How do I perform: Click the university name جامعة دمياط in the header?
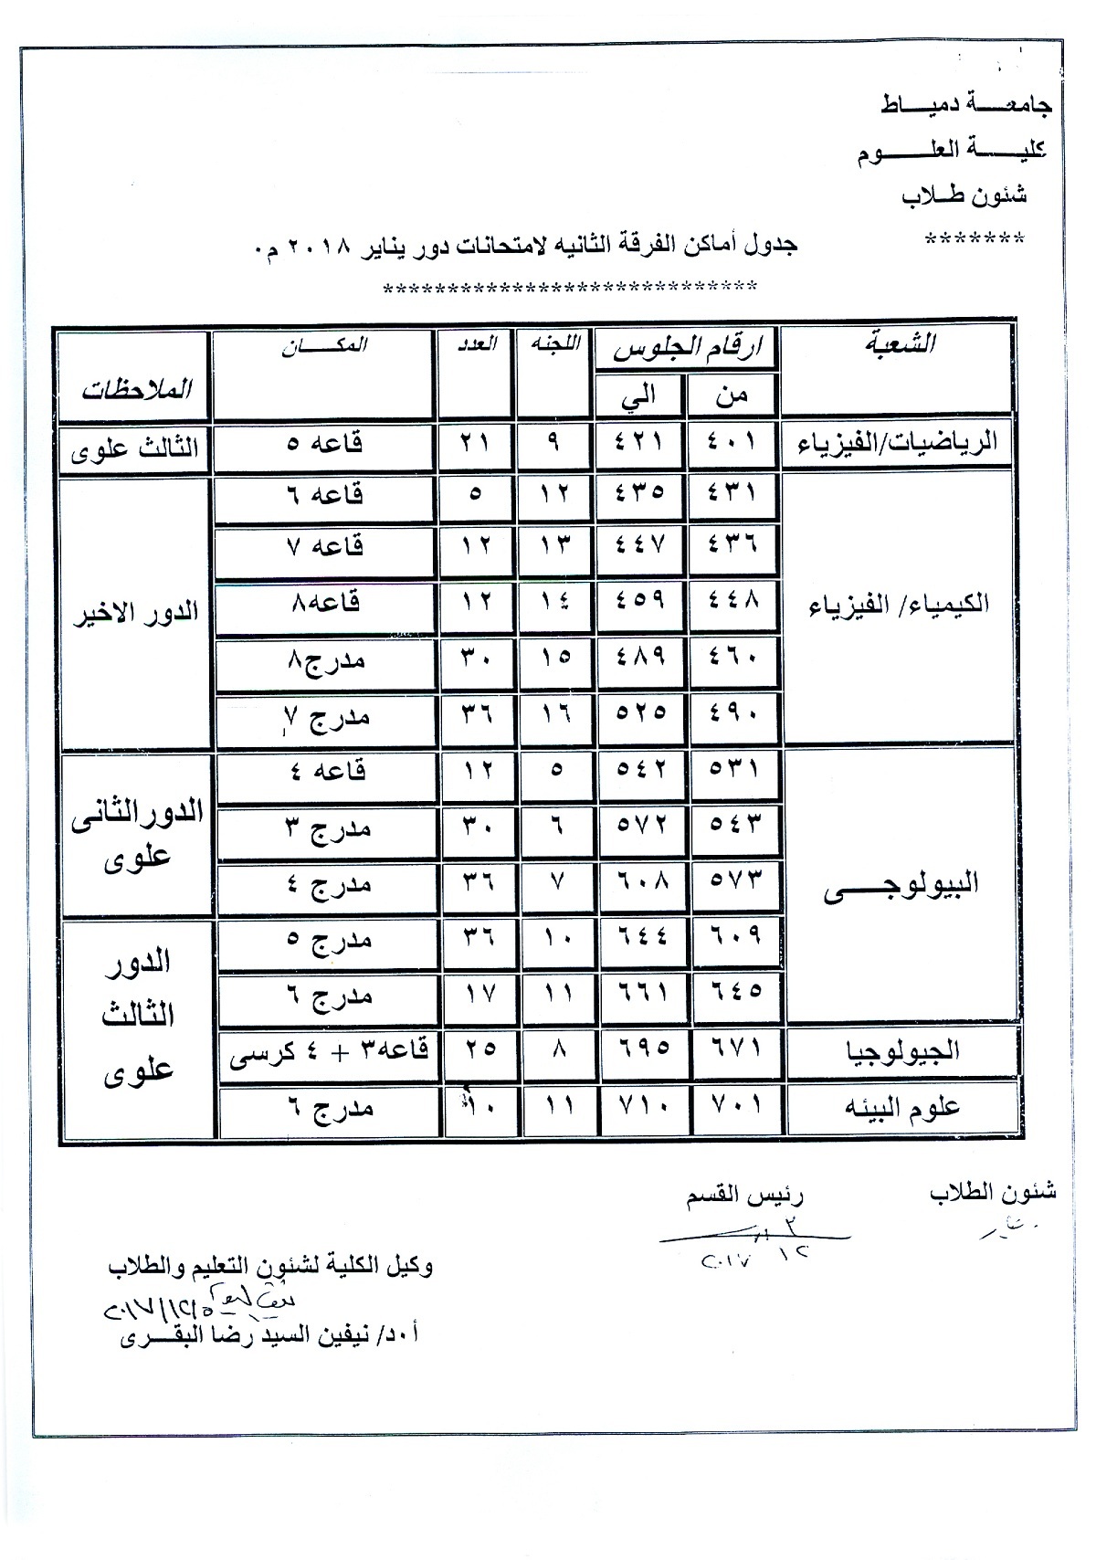[x=966, y=105]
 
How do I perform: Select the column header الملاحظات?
[x=137, y=388]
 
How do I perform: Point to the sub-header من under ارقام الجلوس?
[x=733, y=395]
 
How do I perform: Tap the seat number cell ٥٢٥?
[x=640, y=711]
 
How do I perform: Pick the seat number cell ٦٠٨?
[x=640, y=884]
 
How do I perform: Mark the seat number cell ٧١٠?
[x=640, y=1108]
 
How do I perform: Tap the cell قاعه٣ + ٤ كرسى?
[x=327, y=1050]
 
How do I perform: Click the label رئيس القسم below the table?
[x=745, y=1197]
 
